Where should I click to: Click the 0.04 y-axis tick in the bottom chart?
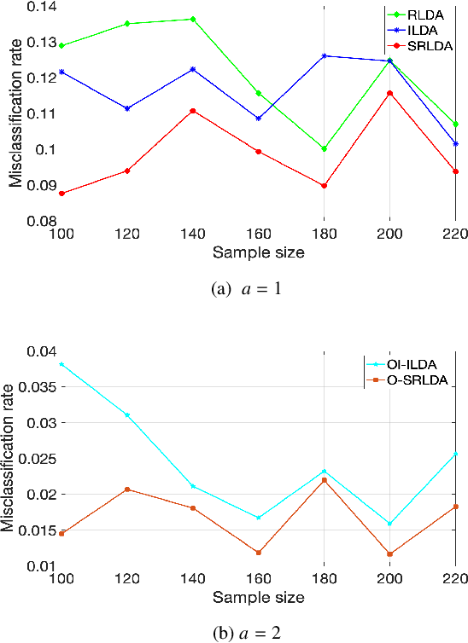point(37,351)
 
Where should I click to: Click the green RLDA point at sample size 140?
point(193,19)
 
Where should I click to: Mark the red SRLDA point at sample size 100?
point(61,194)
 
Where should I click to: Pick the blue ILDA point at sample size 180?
point(325,55)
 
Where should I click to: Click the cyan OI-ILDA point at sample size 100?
point(61,364)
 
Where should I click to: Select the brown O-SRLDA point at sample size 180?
point(325,480)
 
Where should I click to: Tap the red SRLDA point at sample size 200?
point(390,93)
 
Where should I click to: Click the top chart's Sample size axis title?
point(259,252)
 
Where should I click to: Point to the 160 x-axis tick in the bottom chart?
point(259,579)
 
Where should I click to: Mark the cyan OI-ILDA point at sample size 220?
point(455,454)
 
